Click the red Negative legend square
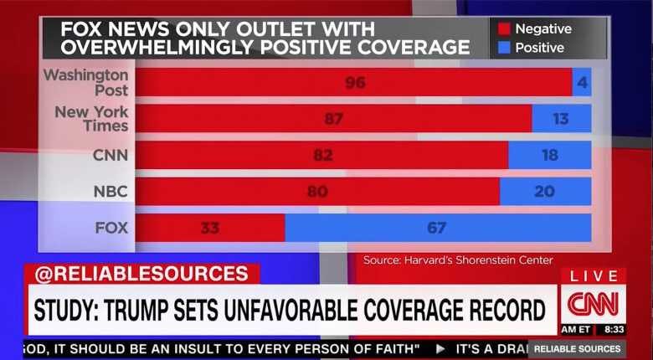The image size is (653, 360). point(504,29)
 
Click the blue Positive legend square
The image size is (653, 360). point(504,48)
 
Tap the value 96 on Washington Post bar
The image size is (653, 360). point(355,82)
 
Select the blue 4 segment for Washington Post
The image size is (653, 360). point(583,82)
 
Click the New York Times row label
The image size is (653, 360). point(91,119)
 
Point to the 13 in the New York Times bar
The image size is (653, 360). point(561,119)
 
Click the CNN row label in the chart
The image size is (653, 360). point(111,155)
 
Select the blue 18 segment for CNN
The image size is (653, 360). point(549,155)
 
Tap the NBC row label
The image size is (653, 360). point(111,192)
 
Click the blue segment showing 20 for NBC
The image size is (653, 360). point(544,192)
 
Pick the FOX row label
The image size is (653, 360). point(111,228)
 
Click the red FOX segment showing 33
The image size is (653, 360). point(210,228)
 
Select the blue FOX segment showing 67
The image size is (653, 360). point(437,228)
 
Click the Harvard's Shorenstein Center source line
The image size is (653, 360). point(458,260)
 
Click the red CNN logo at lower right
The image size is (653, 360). point(593,303)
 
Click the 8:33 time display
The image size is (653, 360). point(614,330)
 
